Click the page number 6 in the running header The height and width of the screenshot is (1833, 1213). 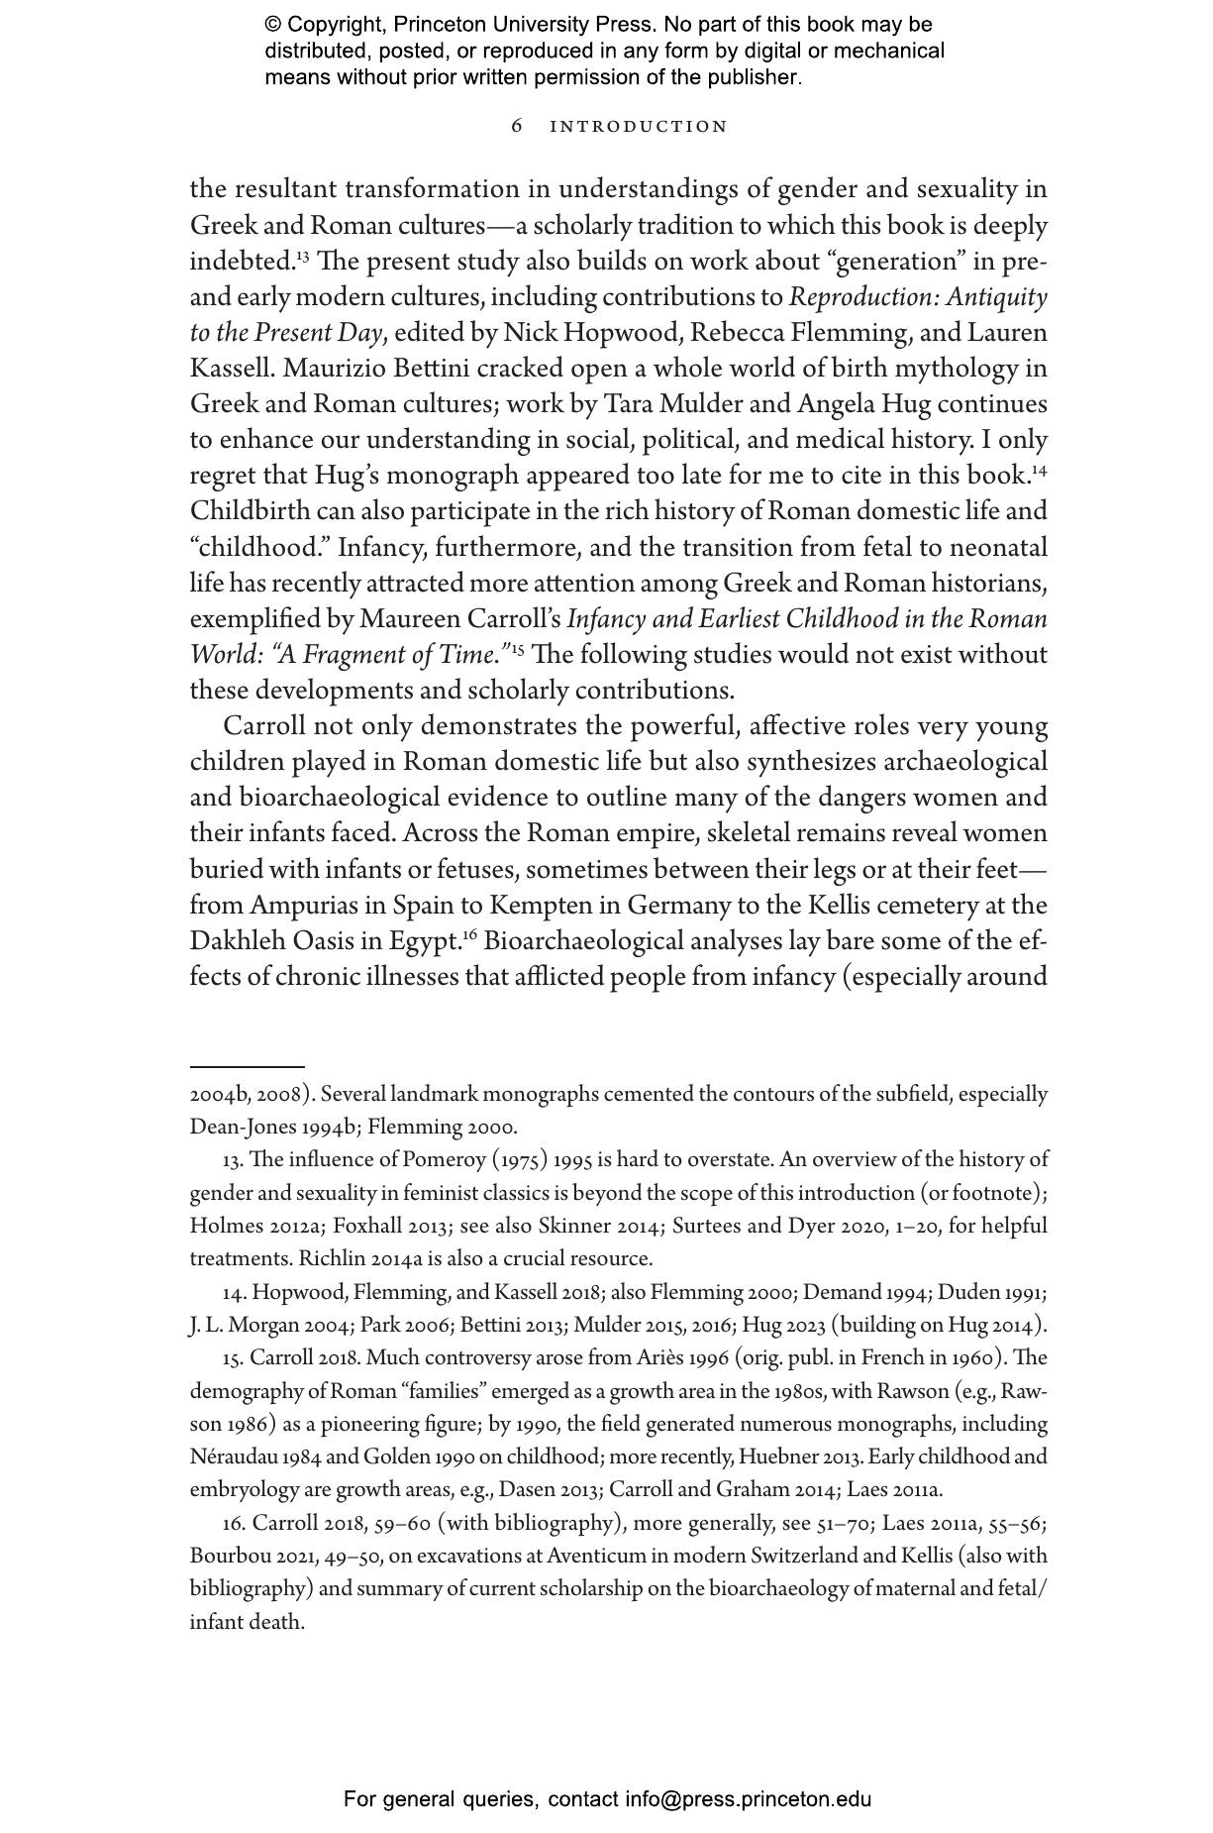[517, 126]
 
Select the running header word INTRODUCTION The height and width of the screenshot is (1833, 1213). [639, 127]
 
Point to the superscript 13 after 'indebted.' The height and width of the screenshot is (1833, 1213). [302, 257]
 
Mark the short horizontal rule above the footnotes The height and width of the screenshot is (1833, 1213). [247, 1066]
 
